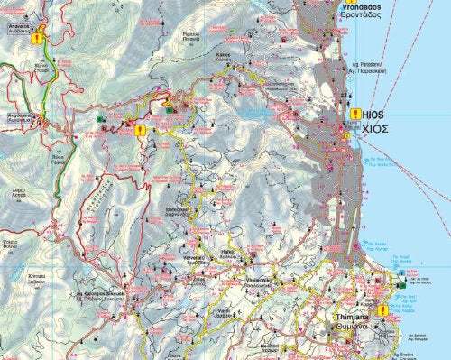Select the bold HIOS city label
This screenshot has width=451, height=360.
click(373, 116)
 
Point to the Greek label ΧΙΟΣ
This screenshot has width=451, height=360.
click(375, 129)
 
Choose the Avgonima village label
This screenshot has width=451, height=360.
click(15, 115)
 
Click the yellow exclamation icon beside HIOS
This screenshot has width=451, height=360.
click(352, 115)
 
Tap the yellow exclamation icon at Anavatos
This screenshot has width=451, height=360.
click(37, 39)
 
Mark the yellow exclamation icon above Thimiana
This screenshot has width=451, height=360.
click(382, 310)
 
